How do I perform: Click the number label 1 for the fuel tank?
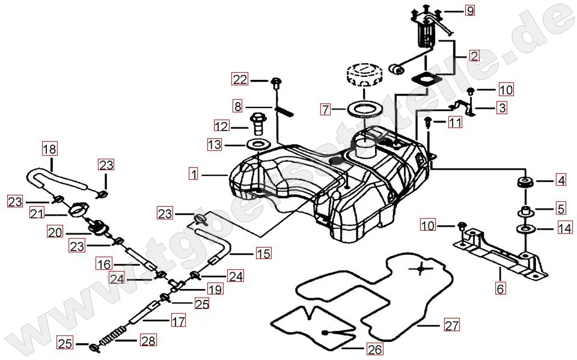[193, 174]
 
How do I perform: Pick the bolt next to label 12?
[258, 122]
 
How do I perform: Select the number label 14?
[564, 228]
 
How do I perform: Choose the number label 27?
[452, 326]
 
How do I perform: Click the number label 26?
[374, 349]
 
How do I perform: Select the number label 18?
[49, 148]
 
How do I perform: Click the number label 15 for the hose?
[263, 253]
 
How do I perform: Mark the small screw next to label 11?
[429, 123]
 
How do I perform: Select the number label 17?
[178, 321]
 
